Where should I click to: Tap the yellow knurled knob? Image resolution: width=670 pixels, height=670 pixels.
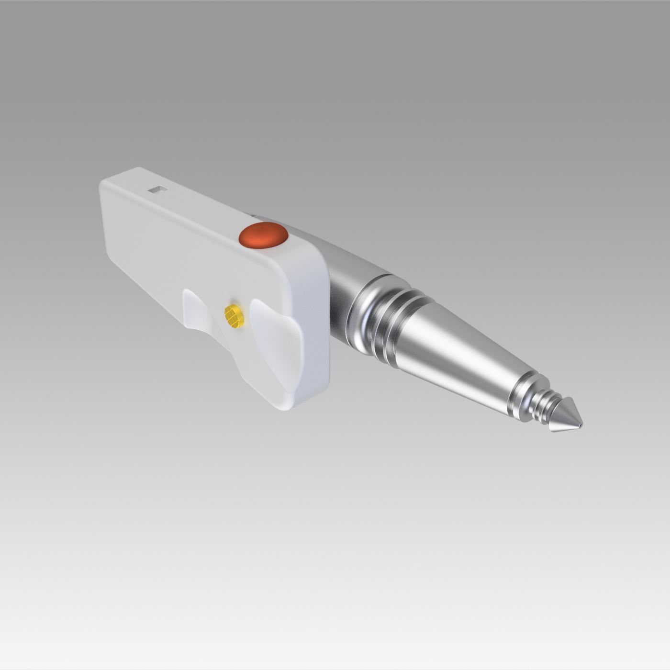tap(234, 316)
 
